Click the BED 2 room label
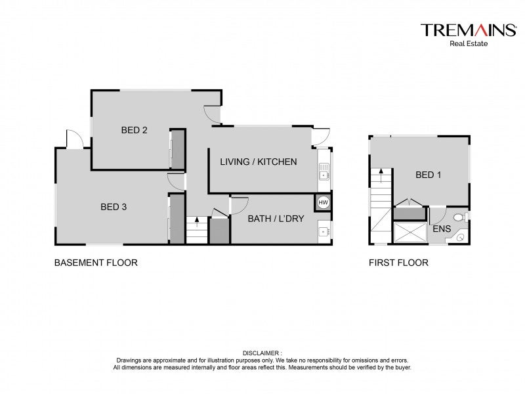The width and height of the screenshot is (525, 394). [x=135, y=130]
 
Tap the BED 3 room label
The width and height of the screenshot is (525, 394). [x=114, y=207]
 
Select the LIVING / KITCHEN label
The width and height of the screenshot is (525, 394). [x=259, y=162]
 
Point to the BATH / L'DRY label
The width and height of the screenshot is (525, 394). [x=276, y=219]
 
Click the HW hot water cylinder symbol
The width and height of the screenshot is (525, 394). [x=323, y=202]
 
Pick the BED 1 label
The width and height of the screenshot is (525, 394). [x=429, y=175]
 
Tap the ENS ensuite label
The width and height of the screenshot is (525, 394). [x=442, y=229]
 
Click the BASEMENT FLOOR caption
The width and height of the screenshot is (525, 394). [x=96, y=263]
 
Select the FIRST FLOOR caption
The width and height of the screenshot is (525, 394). [x=398, y=263]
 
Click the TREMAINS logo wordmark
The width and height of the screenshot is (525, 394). [x=469, y=30]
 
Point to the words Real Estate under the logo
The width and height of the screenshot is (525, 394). [x=469, y=43]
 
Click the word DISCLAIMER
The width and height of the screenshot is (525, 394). [x=261, y=353]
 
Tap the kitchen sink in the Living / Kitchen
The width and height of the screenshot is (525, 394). [x=324, y=171]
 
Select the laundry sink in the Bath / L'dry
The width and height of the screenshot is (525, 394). [x=324, y=231]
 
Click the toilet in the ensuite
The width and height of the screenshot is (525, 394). [x=461, y=217]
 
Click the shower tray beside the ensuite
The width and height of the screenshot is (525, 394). [x=409, y=232]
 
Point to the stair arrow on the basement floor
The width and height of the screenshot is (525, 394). [x=197, y=222]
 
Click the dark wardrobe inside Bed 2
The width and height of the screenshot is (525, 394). [x=178, y=149]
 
